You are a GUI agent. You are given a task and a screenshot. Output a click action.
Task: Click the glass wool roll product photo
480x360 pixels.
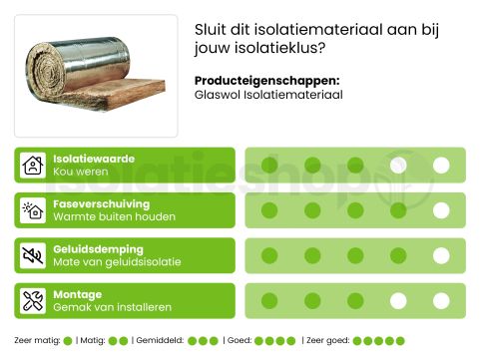coord(95,76)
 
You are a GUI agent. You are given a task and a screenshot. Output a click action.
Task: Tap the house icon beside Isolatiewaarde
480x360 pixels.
coord(33,166)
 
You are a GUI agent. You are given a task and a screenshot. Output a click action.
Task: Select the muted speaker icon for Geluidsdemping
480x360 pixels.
coord(33,255)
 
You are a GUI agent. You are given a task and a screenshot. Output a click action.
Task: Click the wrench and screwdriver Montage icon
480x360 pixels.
coord(33,300)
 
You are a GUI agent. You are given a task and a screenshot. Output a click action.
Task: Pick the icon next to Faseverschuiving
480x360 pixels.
coord(33,210)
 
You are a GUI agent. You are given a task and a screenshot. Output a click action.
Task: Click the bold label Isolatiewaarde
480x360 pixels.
coord(94,159)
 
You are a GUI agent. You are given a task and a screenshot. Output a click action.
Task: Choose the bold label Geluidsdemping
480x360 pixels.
coord(98,248)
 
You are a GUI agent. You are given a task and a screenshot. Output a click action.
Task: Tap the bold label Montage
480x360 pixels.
coord(78,294)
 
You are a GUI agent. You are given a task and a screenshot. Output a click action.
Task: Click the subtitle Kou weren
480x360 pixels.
coord(80,173)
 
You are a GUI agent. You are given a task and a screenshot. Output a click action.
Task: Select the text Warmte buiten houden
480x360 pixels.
coord(114,217)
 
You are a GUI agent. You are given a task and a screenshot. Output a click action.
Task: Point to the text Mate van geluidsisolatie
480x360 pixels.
coord(117,262)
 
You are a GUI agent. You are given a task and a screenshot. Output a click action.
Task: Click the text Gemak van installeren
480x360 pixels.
coord(113,307)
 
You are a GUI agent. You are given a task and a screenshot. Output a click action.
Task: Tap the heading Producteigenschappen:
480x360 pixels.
coord(266,81)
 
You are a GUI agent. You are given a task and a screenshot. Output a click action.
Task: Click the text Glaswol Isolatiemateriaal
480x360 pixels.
coord(268,96)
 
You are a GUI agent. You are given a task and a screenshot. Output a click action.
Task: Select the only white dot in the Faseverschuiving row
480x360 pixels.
coord(441,210)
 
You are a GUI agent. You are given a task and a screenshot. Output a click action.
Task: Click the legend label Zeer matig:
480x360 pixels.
coord(37,341)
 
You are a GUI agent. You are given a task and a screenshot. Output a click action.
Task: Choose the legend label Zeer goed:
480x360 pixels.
coord(325,341)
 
